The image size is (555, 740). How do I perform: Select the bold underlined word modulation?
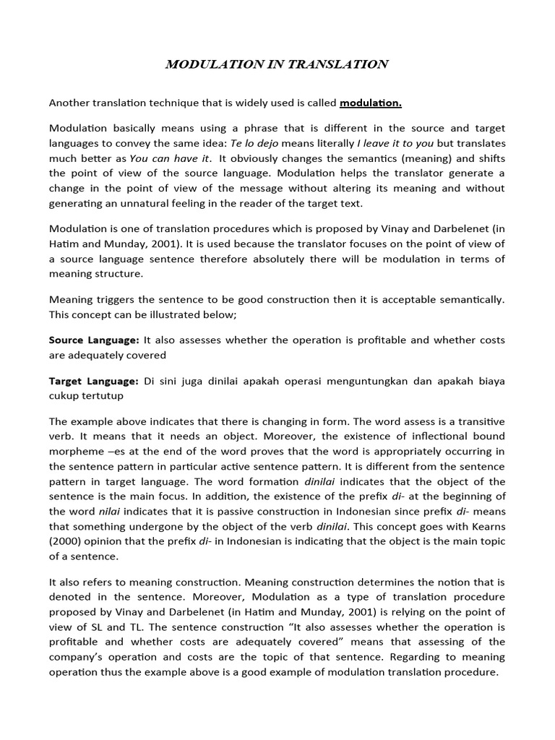tap(371, 103)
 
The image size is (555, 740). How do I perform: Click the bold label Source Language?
tap(94, 340)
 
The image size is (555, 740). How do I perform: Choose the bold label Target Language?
tap(93, 381)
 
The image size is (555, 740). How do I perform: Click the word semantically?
tap(468, 298)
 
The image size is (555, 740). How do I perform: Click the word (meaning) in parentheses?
tap(382, 158)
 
